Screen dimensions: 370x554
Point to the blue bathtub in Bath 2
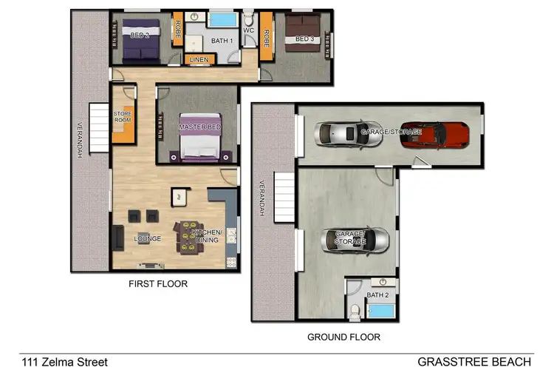pyautogui.click(x=381, y=310)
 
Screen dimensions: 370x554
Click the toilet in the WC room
pyautogui.click(x=250, y=19)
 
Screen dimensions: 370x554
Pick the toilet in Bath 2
pyautogui.click(x=355, y=311)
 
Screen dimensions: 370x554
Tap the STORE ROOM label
pyautogui.click(x=122, y=118)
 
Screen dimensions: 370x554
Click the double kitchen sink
pyautogui.click(x=232, y=236)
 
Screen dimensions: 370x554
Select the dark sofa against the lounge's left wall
pyautogui.click(x=117, y=238)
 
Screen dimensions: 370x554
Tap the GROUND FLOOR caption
pyautogui.click(x=343, y=337)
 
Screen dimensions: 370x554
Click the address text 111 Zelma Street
pyautogui.click(x=64, y=362)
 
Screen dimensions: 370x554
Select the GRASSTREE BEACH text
pyautogui.click(x=473, y=362)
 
